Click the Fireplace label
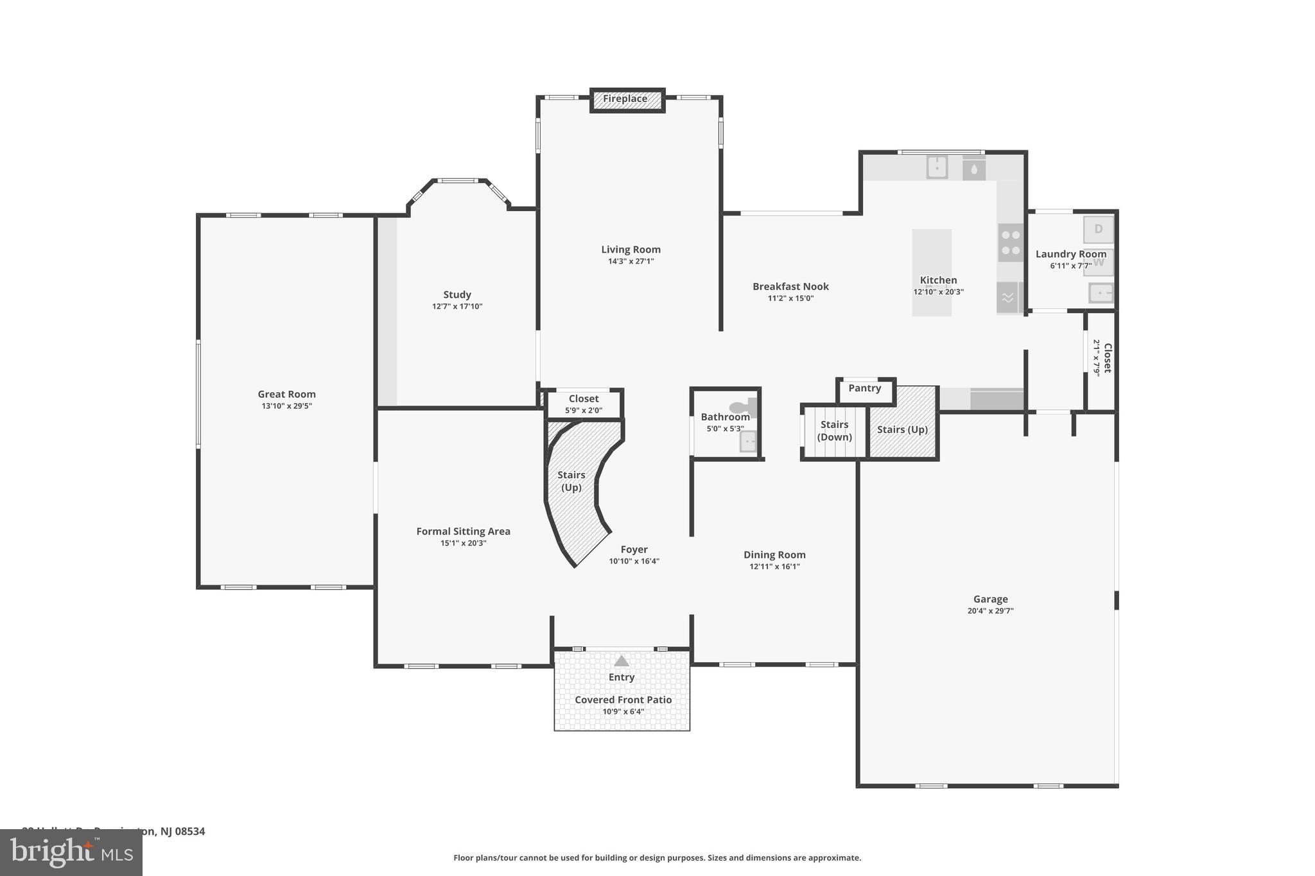[x=625, y=99]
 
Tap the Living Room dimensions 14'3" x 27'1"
[x=631, y=261]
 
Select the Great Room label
[x=286, y=394]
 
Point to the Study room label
[x=457, y=295]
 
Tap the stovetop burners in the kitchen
[x=1010, y=243]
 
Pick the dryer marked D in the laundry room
[x=1098, y=229]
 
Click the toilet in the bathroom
[x=742, y=407]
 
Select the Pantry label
[x=864, y=388]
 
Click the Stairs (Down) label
[x=834, y=431]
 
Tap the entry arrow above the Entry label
[x=621, y=661]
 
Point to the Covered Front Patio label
[x=623, y=700]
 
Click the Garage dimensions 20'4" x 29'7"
[x=990, y=611]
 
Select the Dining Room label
[x=774, y=554]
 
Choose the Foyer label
[x=634, y=549]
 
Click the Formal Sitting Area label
[x=463, y=531]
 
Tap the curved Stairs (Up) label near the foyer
[x=571, y=481]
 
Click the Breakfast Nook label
[x=790, y=286]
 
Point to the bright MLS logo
[x=71, y=852]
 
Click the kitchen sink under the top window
[x=937, y=168]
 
